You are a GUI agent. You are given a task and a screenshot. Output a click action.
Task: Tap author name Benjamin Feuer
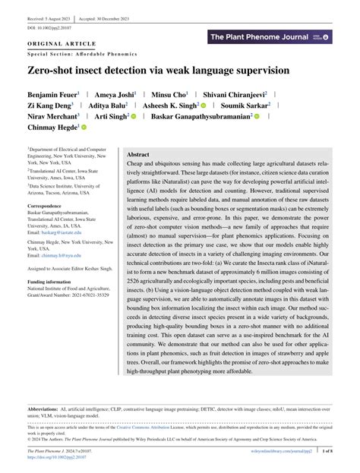point(52,94)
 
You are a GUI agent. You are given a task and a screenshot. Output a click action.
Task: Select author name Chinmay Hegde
point(51,129)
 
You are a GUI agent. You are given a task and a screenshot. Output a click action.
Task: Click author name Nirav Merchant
point(51,118)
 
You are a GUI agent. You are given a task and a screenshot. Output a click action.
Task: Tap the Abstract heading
point(138,154)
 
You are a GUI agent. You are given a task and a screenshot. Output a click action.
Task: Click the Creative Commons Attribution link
point(169,427)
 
